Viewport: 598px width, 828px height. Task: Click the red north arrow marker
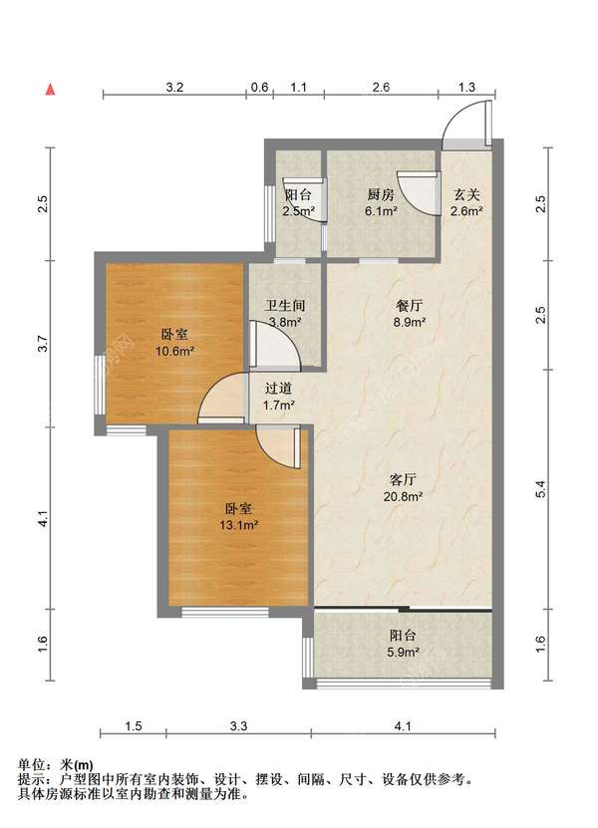[x=50, y=90]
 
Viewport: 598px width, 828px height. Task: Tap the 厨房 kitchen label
[x=381, y=195]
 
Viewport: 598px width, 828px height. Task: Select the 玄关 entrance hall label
[x=466, y=195]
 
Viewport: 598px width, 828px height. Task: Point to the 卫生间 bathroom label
[x=285, y=305]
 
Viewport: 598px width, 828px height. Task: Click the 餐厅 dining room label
[x=410, y=305]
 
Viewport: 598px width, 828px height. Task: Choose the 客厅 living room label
[x=403, y=479]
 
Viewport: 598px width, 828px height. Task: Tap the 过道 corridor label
[x=278, y=389]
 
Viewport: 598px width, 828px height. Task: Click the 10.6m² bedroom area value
[x=174, y=350]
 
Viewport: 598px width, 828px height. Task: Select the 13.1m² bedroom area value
[x=238, y=525]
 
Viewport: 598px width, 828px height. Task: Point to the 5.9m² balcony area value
[x=403, y=652]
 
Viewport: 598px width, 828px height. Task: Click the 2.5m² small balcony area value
[x=298, y=211]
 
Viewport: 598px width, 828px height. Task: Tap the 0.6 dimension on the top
[x=259, y=87]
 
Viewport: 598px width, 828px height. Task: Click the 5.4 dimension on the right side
[x=539, y=489]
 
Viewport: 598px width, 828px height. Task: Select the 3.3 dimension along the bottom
[x=239, y=726]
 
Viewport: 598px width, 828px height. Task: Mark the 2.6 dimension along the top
[x=381, y=87]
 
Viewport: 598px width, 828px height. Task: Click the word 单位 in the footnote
[x=31, y=764]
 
